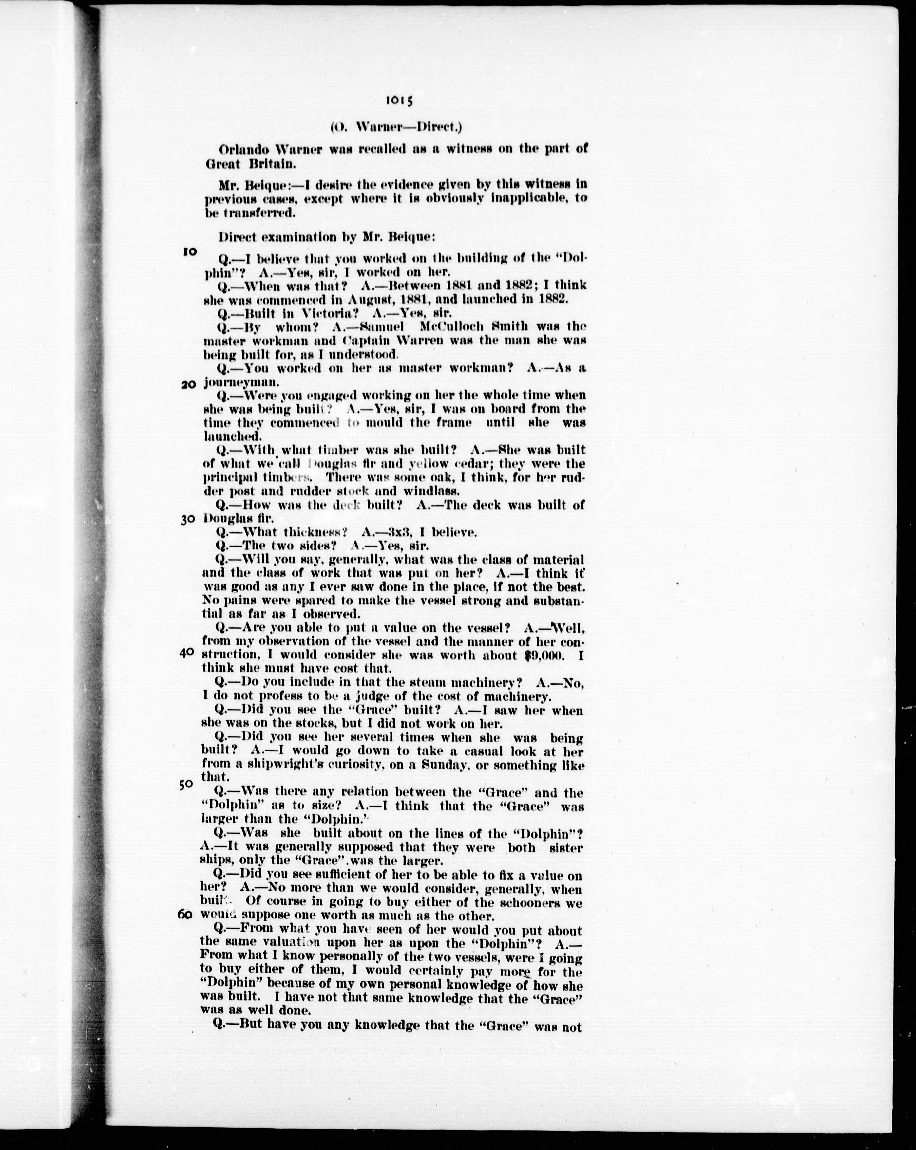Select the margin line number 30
pos(187,520)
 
